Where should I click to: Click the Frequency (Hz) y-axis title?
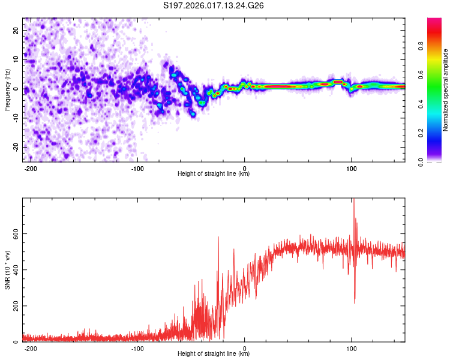click(x=7, y=90)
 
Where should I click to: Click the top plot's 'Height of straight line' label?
click(x=214, y=174)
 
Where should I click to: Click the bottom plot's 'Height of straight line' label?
click(x=214, y=354)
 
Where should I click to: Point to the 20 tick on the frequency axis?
click(x=16, y=30)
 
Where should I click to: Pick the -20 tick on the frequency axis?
click(x=15, y=147)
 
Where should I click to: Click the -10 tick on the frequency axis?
click(x=15, y=118)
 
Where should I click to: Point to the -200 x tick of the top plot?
click(x=31, y=168)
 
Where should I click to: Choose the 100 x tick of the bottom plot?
click(x=351, y=348)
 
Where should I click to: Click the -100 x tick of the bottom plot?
click(x=137, y=348)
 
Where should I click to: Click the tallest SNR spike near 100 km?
click(x=353, y=200)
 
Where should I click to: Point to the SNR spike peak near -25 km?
click(x=218, y=238)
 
